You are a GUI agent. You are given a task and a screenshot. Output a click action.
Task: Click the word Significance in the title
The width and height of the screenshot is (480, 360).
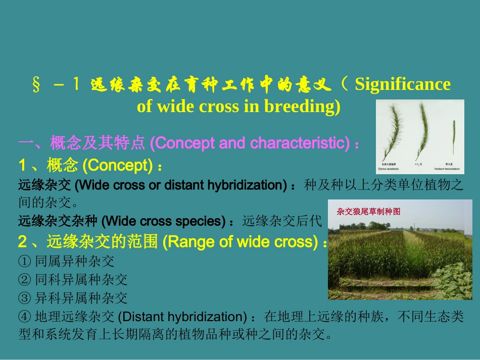click(x=402, y=84)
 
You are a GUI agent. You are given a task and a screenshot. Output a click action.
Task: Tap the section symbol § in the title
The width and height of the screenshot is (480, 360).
click(x=36, y=85)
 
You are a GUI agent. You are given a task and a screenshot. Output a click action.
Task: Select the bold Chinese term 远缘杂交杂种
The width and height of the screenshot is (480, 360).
click(x=59, y=221)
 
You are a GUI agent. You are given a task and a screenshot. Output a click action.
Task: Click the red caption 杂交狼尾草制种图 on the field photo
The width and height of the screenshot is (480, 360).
click(x=368, y=212)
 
